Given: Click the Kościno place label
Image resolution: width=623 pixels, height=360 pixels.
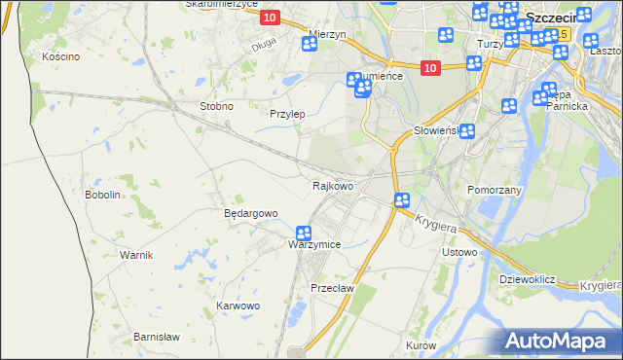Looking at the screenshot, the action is [60, 56].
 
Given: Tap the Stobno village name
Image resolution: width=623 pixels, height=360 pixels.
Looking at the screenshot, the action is [215, 106].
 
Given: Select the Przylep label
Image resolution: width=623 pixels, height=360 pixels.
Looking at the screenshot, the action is [287, 114].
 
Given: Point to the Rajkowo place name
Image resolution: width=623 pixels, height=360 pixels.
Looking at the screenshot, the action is [332, 185].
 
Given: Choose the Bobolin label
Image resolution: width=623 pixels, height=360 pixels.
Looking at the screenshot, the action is [102, 195].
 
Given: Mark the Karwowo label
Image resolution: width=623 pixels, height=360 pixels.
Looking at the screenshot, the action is [238, 306].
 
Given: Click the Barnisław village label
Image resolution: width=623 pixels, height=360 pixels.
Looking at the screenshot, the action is [157, 337].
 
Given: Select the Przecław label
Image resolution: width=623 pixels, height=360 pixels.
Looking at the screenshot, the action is [331, 288].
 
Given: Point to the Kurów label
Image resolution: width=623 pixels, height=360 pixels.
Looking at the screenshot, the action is [421, 345].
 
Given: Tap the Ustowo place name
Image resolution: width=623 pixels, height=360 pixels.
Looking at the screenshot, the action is [459, 253].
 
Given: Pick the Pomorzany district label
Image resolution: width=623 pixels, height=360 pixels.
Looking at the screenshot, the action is [495, 190].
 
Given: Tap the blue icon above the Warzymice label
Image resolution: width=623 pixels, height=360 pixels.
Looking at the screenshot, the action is [303, 234].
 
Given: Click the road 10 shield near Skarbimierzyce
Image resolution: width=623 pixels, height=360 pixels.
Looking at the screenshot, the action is [270, 18].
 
